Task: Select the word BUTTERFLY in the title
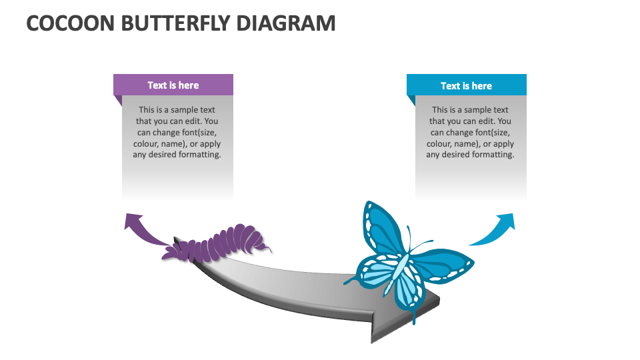(175, 23)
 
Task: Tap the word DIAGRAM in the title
(286, 23)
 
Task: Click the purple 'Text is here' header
(173, 85)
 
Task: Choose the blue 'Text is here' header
(467, 85)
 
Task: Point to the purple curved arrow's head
(133, 221)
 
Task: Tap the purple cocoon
(216, 243)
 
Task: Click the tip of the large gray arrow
(439, 301)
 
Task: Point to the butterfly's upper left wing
(381, 229)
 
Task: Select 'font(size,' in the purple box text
(199, 133)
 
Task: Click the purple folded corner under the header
(117, 101)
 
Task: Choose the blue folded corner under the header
(411, 101)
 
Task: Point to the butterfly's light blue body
(398, 271)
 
